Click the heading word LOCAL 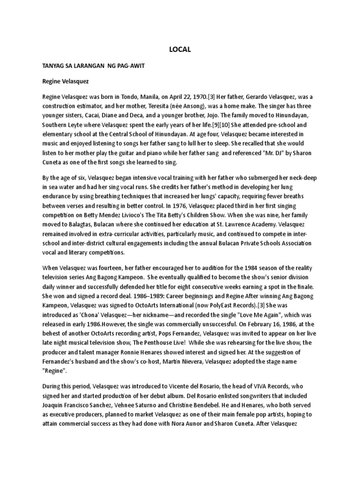(x=180, y=49)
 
